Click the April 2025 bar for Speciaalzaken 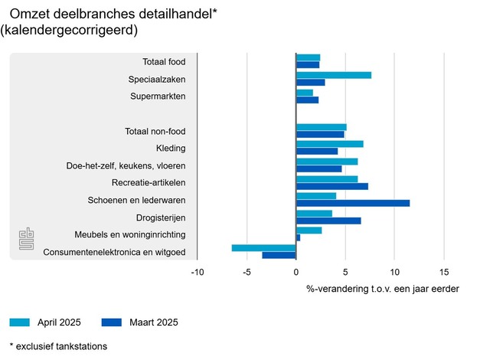[x=334, y=75]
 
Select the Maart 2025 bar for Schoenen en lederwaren [x=353, y=203]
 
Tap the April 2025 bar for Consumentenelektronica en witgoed [x=264, y=247]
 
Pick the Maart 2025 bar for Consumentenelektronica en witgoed [x=279, y=255]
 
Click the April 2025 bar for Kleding [x=330, y=144]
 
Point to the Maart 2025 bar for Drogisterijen [x=328, y=221]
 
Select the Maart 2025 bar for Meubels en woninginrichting [x=299, y=237]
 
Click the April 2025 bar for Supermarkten [x=305, y=93]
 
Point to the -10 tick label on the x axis [x=198, y=272]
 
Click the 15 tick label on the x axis [x=444, y=272]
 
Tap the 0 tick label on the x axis [x=296, y=272]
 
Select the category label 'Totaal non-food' [x=155, y=132]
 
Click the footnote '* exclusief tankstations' [x=58, y=346]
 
